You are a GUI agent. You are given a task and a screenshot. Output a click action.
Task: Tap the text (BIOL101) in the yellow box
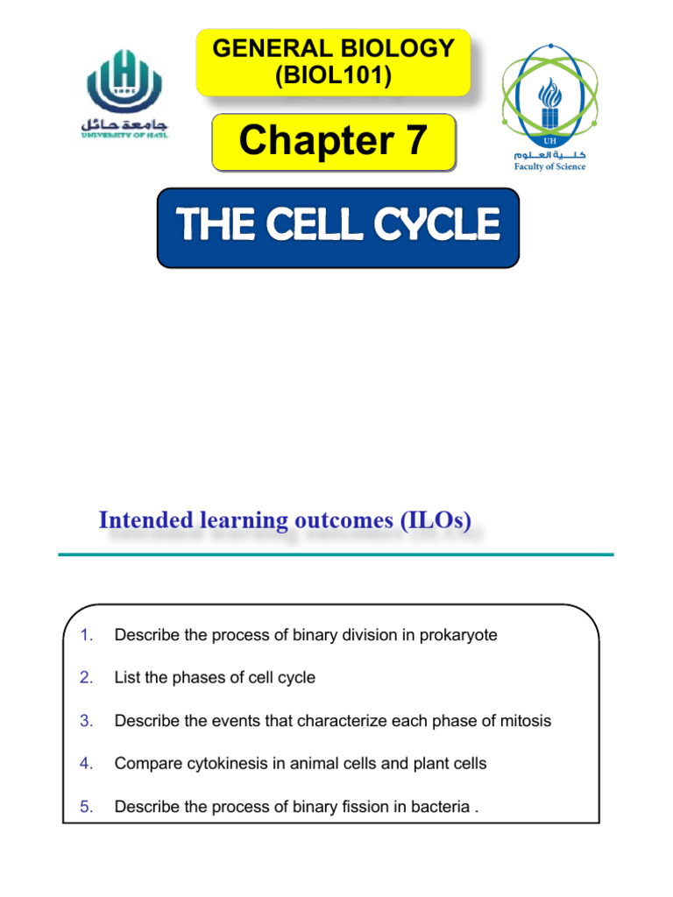[x=333, y=76]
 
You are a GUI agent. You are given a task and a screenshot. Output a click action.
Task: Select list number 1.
[x=86, y=635]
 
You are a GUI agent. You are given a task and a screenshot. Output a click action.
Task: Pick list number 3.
[x=86, y=721]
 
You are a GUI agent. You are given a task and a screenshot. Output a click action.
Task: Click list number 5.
[x=86, y=807]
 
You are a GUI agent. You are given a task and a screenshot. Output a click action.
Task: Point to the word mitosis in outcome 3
[x=524, y=721]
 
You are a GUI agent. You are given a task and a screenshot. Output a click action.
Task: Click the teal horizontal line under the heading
[x=336, y=554]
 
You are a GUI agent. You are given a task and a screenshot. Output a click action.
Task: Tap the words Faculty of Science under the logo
[x=550, y=166]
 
